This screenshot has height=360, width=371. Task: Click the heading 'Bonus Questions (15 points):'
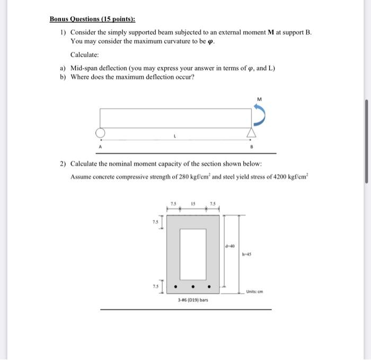[x=92, y=19]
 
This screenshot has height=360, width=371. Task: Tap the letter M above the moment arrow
[x=259, y=98]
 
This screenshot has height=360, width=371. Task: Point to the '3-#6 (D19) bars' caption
[x=193, y=300]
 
